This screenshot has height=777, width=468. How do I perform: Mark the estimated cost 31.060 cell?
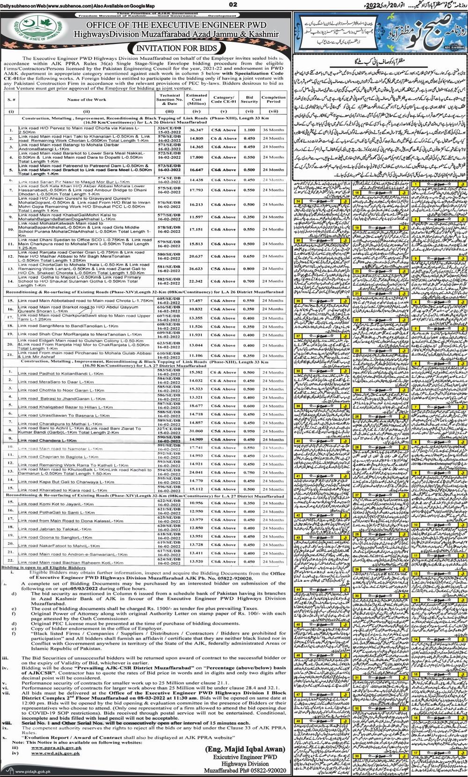click(197, 430)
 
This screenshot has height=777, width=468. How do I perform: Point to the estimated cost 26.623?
click(197, 268)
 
